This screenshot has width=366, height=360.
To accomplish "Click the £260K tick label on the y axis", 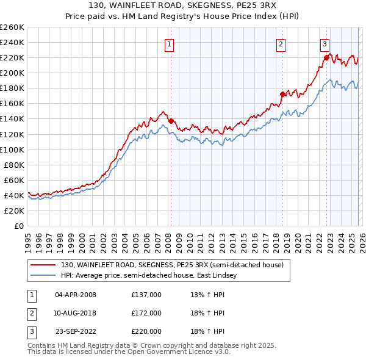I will point(12,27).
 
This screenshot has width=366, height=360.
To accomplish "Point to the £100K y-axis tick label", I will point(12,149).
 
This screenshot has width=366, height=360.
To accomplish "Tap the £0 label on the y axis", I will point(18,226).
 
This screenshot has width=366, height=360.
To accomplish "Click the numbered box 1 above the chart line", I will point(168,44).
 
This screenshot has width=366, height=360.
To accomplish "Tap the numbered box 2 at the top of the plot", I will point(281,44).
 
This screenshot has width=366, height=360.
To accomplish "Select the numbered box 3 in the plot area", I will point(325,44).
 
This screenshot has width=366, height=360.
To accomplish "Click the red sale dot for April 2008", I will point(171,121).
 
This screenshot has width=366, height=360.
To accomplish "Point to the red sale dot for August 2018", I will point(282,95).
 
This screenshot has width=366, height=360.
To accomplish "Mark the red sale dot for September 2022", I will point(326,57).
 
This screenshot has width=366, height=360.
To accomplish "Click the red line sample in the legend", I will point(43,265).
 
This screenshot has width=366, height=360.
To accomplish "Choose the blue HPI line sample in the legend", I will point(43,276).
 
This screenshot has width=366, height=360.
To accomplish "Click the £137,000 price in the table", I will point(146,295).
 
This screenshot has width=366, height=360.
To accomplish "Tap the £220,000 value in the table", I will point(146,331).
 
